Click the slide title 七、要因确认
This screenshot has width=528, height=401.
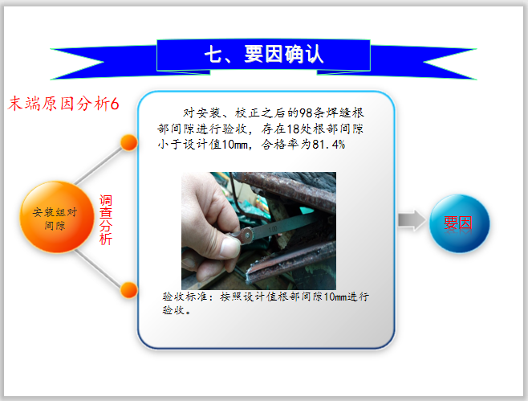tap(264, 54)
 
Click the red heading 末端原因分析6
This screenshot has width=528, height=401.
tap(64, 104)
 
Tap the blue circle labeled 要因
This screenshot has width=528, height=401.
tap(459, 223)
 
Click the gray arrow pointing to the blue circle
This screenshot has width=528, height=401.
tap(411, 221)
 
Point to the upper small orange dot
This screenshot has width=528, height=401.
tap(128, 143)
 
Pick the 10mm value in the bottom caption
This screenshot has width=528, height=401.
tap(335, 297)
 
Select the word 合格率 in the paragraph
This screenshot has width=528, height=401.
tap(279, 145)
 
